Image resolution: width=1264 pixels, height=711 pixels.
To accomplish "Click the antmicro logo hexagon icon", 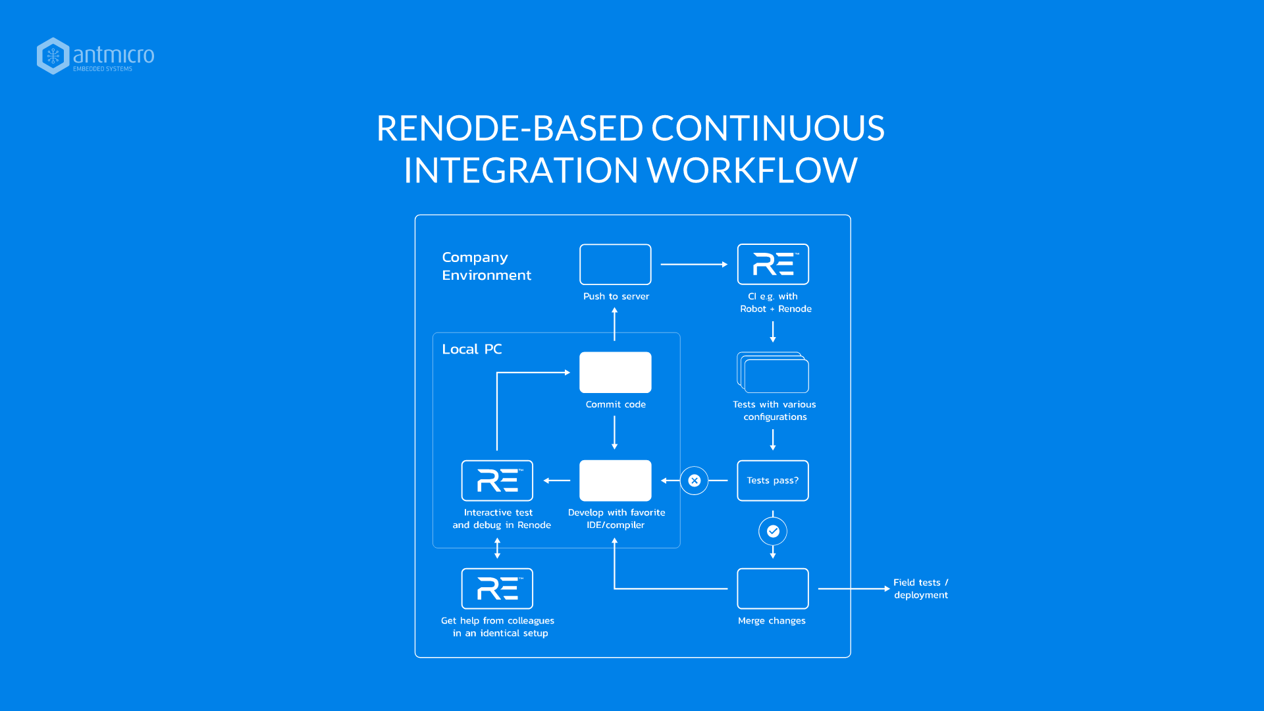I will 53,56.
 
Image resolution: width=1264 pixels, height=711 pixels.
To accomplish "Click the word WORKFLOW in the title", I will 752,171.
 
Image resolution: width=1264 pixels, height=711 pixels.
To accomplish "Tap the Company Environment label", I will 486,266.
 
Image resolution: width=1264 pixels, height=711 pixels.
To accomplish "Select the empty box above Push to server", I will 615,264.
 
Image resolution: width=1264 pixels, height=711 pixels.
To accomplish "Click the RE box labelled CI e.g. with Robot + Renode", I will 773,264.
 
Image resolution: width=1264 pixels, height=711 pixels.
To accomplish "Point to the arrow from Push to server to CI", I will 693,264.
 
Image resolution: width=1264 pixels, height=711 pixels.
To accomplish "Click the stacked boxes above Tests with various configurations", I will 774,373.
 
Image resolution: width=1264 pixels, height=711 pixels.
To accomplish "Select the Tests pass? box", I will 773,481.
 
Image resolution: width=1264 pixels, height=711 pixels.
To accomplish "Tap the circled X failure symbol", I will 694,481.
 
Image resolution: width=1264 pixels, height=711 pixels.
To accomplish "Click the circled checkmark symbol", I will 773,531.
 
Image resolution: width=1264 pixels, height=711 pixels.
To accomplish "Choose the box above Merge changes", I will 773,589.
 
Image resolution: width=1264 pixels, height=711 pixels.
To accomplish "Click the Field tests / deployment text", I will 920,589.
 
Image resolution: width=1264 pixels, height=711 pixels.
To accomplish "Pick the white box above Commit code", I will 615,373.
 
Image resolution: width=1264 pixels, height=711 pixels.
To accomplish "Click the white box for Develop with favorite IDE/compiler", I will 615,481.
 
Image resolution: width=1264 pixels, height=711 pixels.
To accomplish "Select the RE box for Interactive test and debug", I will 497,481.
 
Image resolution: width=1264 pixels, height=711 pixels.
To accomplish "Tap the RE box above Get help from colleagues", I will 497,589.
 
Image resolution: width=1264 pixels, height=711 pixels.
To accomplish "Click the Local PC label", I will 471,349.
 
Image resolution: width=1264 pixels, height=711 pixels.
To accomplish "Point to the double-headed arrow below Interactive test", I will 497,548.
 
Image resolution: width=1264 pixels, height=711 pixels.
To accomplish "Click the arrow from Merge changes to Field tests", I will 853,589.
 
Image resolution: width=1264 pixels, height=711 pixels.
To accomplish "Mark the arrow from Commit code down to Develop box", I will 615,432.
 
